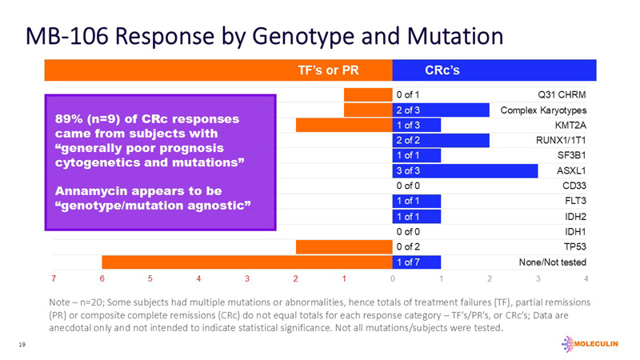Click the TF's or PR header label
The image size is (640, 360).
pyautogui.click(x=329, y=70)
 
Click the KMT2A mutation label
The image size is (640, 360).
pyautogui.click(x=569, y=125)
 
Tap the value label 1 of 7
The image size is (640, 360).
pyautogui.click(x=408, y=262)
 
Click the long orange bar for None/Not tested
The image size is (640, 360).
pyautogui.click(x=240, y=262)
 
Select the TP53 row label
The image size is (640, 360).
pyautogui.click(x=573, y=247)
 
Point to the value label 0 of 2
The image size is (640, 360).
pyautogui.click(x=408, y=247)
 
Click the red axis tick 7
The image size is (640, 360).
pyautogui.click(x=53, y=278)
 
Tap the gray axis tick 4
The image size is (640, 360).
pyautogui.click(x=586, y=278)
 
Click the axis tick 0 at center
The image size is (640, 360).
pyautogui.click(x=392, y=278)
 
